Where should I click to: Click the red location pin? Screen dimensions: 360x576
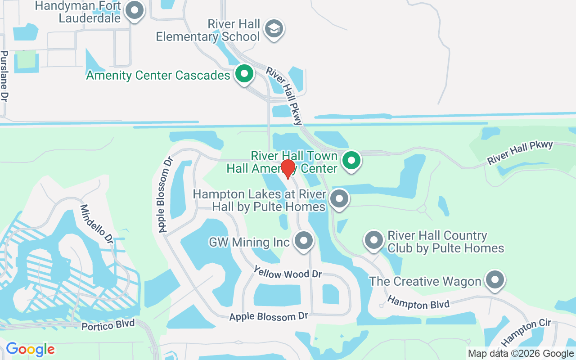coord(288,169)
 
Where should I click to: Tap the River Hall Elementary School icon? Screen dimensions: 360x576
coord(274,29)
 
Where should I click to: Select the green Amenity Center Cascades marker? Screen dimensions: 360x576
coord(244,74)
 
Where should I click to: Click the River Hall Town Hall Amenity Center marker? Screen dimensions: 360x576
coord(351,160)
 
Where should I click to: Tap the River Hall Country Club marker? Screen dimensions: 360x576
coord(373,240)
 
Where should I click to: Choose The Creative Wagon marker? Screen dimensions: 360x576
coord(495,280)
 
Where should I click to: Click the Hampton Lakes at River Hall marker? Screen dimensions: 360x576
coord(339,199)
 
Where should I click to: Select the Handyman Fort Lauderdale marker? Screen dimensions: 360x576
coord(134,11)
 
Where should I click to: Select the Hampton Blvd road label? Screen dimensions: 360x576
coord(418,302)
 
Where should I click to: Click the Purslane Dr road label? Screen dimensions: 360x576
coord(4,76)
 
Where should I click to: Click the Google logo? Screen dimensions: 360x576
coord(30,349)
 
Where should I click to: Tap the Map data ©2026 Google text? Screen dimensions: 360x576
coord(521,354)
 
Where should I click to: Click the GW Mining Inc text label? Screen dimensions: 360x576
coord(249,242)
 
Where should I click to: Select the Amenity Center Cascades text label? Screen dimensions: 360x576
coord(158,75)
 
